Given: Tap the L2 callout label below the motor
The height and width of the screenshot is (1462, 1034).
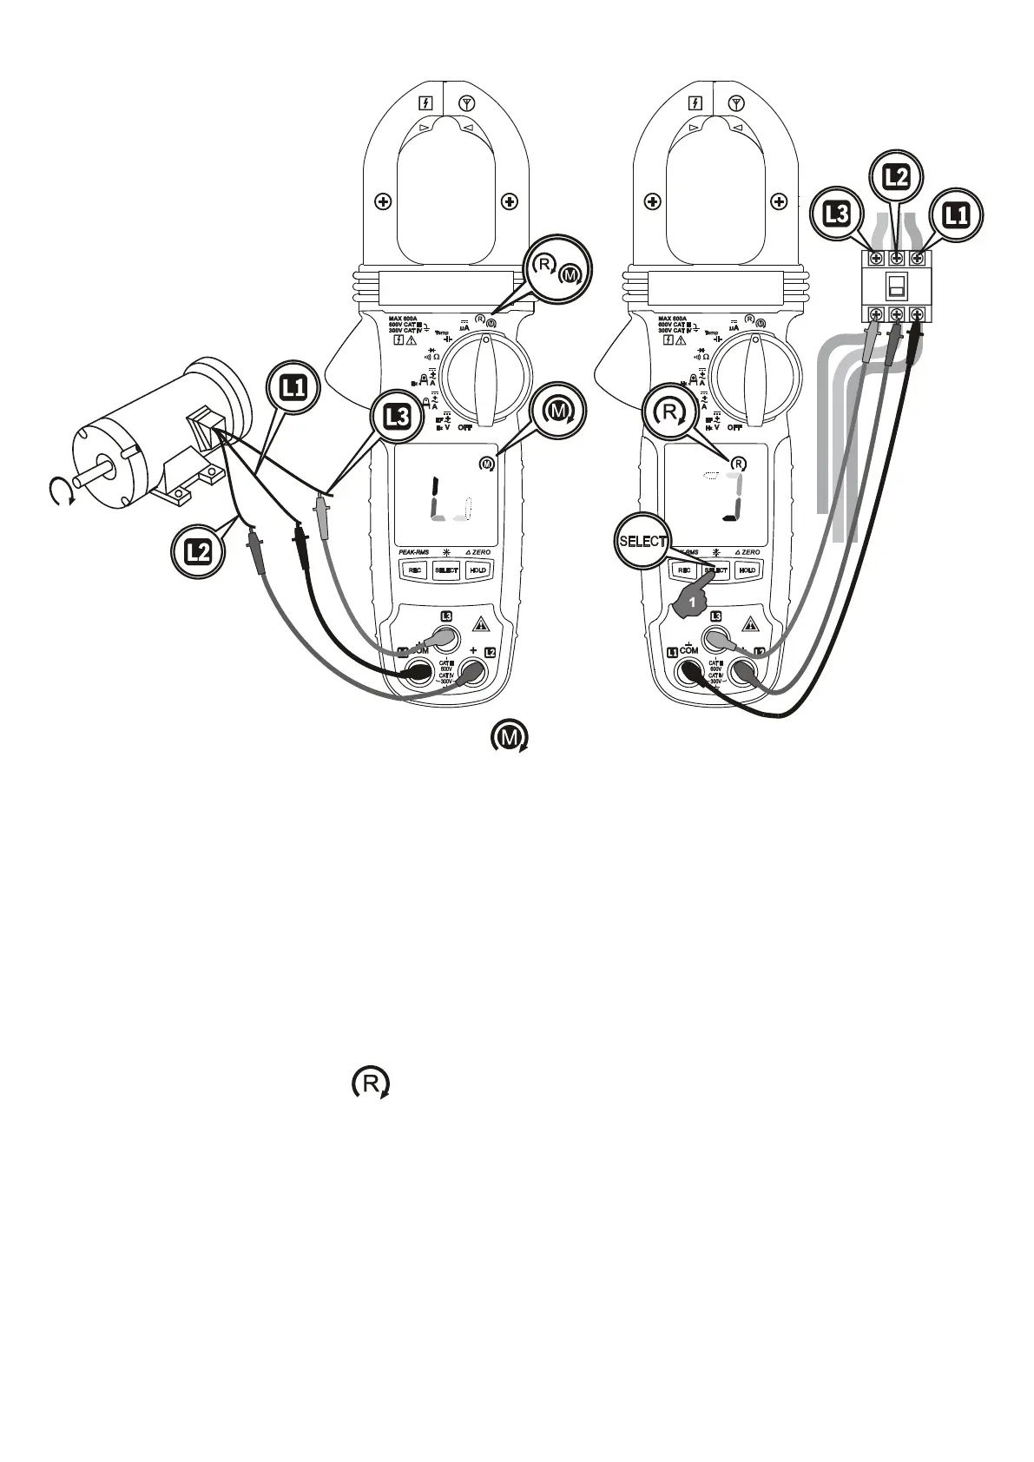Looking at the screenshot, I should click(198, 550).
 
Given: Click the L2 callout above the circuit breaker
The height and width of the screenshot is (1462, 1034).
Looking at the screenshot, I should click(895, 177).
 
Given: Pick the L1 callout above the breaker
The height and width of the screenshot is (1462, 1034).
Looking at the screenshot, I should click(956, 214).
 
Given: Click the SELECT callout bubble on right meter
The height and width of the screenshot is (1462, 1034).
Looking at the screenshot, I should click(642, 541).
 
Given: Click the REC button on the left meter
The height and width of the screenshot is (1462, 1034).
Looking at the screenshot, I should click(415, 570).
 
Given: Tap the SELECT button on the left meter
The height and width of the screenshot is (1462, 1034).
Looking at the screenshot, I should click(446, 570).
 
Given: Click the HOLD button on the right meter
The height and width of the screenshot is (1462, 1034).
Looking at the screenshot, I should click(748, 570).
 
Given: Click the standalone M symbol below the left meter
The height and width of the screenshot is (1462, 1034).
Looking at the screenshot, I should click(510, 738).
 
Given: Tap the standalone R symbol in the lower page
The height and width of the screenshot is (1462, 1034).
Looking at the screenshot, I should click(371, 1084).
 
